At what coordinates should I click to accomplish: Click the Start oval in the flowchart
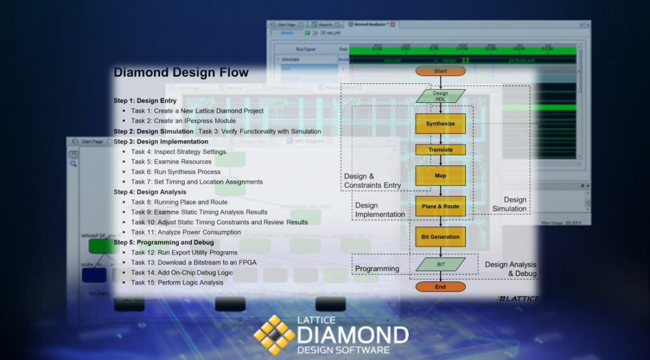coord(441,71)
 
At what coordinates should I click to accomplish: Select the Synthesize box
coord(441,124)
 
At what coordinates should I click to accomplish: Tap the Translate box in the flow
coord(441,150)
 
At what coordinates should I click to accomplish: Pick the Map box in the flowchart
coord(441,176)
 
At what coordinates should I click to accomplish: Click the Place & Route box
coord(441,206)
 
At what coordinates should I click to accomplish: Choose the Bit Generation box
coord(441,237)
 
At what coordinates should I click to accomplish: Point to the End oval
coord(441,287)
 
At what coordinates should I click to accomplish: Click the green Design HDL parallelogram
coord(441,97)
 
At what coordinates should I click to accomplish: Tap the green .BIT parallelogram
coord(441,263)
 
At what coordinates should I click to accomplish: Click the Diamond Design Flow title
coord(181,72)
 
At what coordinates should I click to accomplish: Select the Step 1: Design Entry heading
coord(145,101)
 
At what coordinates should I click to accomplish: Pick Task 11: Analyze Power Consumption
coord(186,232)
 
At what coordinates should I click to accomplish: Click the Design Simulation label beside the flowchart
coord(510,204)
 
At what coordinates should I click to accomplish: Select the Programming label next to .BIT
coord(377,269)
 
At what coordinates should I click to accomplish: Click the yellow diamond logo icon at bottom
coord(274,334)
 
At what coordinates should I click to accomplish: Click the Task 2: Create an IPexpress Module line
coord(183,121)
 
